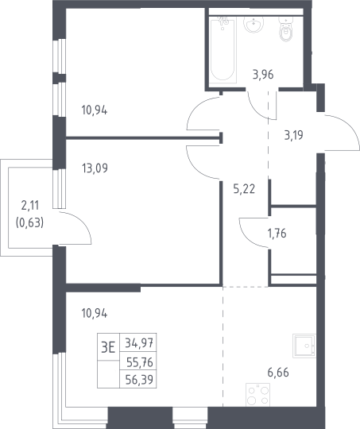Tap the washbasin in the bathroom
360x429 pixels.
tap(254, 25)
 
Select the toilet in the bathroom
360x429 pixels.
tap(286, 29)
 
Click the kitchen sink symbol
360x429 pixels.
tap(304, 346)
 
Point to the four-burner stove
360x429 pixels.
tap(258, 395)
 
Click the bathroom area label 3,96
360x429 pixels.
tap(263, 75)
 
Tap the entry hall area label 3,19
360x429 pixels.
tap(294, 135)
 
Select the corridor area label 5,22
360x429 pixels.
tap(244, 189)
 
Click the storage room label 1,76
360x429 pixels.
tap(277, 234)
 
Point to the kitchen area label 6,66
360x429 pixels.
tap(278, 373)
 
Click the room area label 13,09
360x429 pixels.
tap(95, 168)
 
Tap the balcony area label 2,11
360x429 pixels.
tap(30, 206)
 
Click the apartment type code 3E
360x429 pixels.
tap(108, 347)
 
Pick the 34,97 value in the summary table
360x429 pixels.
tap(139, 343)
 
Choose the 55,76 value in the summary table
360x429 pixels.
tap(140, 362)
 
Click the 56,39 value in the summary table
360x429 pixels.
tap(139, 380)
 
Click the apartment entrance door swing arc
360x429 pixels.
tap(350, 126)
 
